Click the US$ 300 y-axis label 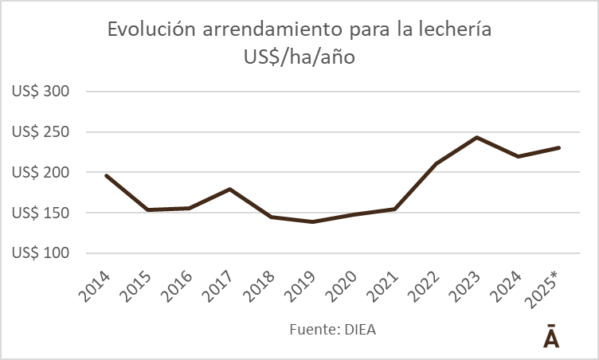pyautogui.click(x=41, y=92)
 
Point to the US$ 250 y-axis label pyautogui.click(x=41, y=132)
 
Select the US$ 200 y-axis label pyautogui.click(x=41, y=173)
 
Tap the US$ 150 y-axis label pyautogui.click(x=41, y=213)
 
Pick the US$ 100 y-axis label pyautogui.click(x=41, y=254)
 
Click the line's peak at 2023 pyautogui.click(x=476, y=137)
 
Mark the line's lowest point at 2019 pyautogui.click(x=311, y=221)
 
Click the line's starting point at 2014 pyautogui.click(x=106, y=175)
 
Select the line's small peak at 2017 pyautogui.click(x=229, y=189)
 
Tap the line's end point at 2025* pyautogui.click(x=559, y=147)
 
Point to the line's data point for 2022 pyautogui.click(x=436, y=164)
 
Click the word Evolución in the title pyautogui.click(x=151, y=30)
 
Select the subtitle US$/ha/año pyautogui.click(x=299, y=57)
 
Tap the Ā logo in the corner pyautogui.click(x=551, y=337)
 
